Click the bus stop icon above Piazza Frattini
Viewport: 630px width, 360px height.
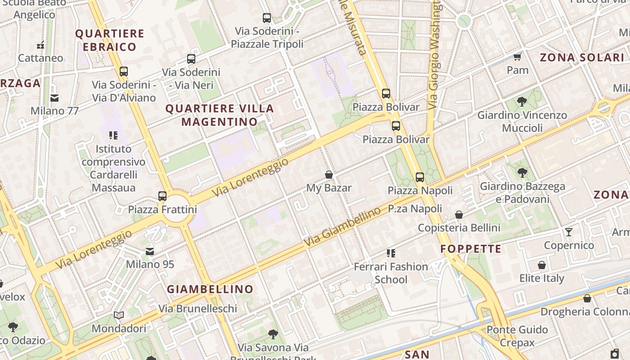[162, 196]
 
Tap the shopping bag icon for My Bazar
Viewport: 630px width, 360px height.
[329, 175]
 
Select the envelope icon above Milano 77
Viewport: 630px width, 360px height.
[54, 98]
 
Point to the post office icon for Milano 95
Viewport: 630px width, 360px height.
[150, 252]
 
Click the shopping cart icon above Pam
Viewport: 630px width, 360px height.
[517, 57]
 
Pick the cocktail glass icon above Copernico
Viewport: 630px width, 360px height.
[569, 232]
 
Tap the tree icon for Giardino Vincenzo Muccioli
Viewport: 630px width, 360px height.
[522, 102]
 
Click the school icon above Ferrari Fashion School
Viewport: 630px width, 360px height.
[391, 253]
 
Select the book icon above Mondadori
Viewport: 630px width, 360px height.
[119, 315]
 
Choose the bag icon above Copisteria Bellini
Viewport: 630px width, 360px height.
[459, 215]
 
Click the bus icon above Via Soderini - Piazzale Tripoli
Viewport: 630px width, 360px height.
[267, 18]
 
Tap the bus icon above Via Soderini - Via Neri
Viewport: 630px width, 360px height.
[191, 59]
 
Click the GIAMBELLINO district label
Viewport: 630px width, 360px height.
[210, 289]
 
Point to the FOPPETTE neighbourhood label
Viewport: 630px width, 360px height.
[471, 249]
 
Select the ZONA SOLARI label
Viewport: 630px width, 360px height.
[582, 58]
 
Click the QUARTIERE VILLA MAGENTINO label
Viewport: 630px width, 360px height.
[220, 115]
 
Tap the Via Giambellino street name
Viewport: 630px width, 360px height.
[342, 227]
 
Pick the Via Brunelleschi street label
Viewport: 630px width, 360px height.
[198, 309]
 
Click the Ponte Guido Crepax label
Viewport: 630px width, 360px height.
[517, 336]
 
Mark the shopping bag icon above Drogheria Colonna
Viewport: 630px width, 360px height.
[587, 298]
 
